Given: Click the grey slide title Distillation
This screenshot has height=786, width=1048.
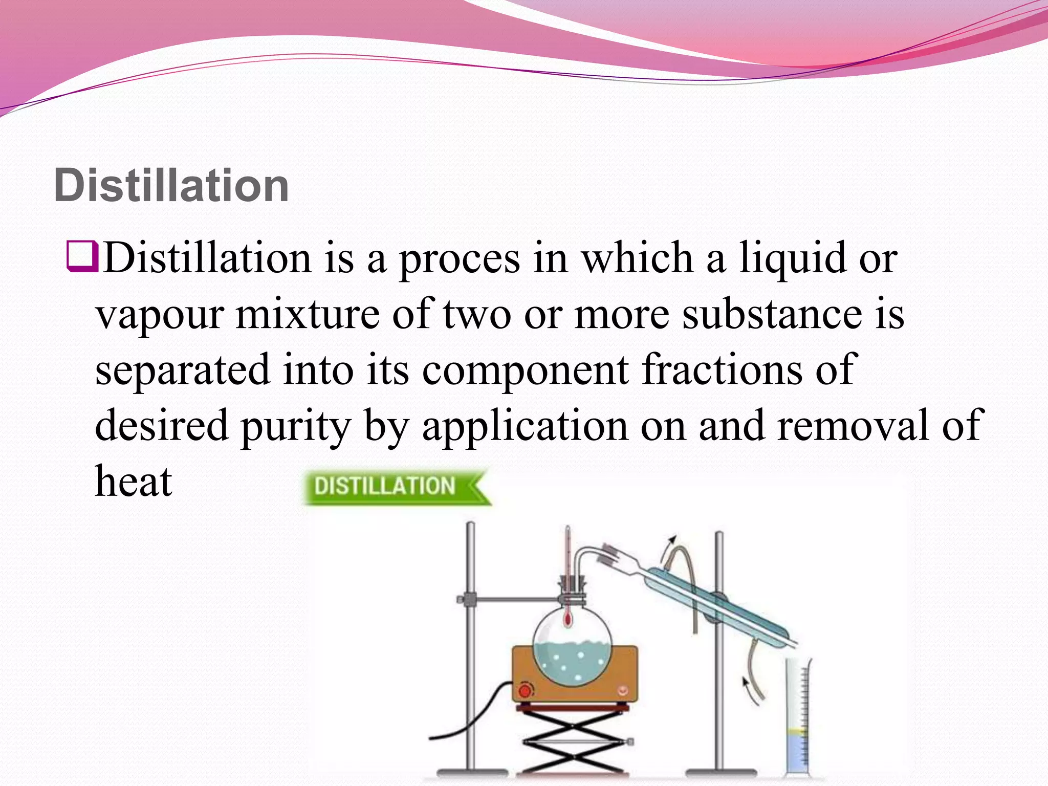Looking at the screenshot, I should [x=171, y=185].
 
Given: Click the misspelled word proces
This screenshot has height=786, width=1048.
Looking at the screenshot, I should [x=460, y=258].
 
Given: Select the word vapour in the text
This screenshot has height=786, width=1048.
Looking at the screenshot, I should [x=160, y=314].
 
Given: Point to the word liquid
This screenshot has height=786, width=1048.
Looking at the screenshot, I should [x=792, y=258].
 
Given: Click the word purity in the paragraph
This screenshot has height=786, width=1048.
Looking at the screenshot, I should [x=296, y=426].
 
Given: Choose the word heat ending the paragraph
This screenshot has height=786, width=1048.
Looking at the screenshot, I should [x=134, y=481].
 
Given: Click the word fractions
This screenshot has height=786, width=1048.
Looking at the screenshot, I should [x=722, y=369].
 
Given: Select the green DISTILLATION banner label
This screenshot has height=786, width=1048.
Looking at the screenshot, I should [x=385, y=486].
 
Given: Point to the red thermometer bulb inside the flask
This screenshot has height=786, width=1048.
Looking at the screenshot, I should [x=567, y=620].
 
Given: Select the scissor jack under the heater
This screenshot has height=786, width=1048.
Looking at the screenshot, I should [x=573, y=742].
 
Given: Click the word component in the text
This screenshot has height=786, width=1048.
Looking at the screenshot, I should [x=526, y=370].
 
